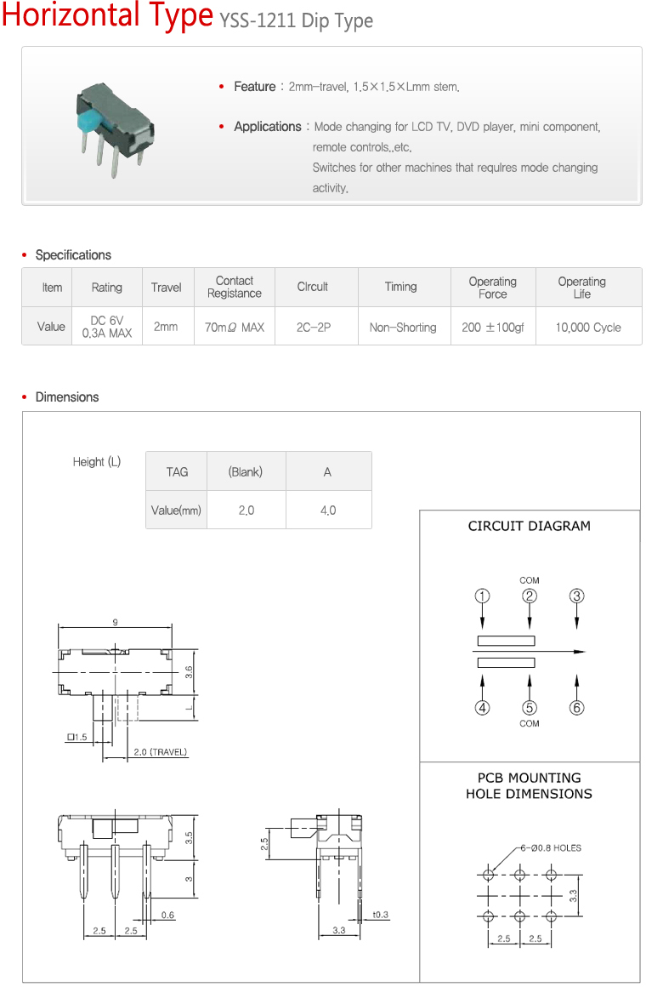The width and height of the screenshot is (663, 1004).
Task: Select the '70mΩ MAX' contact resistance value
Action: point(235,328)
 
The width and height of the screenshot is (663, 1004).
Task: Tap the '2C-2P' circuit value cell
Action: point(312,328)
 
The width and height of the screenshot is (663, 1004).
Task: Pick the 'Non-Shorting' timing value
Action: point(403,328)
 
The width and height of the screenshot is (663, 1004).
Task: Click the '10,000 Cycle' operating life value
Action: point(588,328)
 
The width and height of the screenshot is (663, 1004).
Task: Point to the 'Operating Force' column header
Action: point(492,288)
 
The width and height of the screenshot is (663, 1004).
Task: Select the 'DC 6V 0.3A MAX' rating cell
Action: point(107,328)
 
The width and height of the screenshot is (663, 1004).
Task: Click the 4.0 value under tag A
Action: point(327,511)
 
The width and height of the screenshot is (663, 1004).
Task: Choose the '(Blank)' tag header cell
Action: point(246,472)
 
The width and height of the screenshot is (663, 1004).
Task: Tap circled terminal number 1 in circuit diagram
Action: point(482,596)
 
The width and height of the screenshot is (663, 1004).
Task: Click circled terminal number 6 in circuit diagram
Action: point(577,707)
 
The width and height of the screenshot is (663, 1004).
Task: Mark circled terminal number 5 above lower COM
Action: point(530,707)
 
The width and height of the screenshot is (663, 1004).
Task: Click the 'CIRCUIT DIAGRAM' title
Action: point(529,526)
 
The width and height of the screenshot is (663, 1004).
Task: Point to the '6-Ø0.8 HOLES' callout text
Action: point(552,847)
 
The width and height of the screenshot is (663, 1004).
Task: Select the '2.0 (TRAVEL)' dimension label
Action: point(161,752)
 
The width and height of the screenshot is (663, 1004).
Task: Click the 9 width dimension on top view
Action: point(115,623)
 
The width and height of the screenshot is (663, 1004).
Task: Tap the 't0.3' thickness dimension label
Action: point(380,916)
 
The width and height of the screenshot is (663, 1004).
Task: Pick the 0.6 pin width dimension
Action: point(167,916)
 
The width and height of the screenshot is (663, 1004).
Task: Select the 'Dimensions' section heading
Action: point(67,397)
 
